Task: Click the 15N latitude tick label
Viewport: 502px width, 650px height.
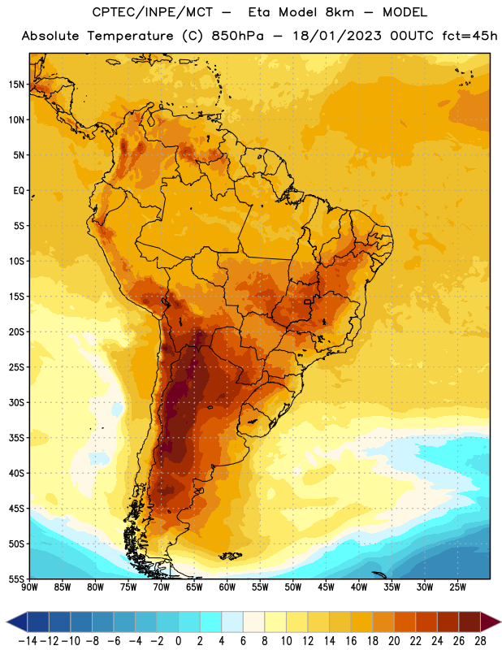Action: (16, 84)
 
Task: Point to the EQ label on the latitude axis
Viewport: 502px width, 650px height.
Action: (19, 191)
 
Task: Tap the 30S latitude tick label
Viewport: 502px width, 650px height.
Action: (16, 402)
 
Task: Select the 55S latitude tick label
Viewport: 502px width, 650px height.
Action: (16, 578)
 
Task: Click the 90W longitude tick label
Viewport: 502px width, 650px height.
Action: (29, 587)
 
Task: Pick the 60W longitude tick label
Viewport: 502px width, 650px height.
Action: (227, 587)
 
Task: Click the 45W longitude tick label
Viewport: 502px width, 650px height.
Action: (326, 587)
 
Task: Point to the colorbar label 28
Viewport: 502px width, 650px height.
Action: (480, 641)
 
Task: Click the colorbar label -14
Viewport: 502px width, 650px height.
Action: (28, 641)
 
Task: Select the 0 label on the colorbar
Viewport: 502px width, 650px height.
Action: (178, 641)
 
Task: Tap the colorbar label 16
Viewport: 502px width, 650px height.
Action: (351, 641)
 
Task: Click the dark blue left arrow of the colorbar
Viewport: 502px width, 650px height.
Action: (17, 622)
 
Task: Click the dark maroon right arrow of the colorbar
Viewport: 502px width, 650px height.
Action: (491, 622)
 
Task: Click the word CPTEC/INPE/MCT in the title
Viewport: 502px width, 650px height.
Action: (153, 12)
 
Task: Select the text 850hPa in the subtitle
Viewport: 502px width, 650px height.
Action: (237, 36)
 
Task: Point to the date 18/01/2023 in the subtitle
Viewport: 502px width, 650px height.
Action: (337, 36)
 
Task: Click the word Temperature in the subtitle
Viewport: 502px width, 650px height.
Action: (130, 37)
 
